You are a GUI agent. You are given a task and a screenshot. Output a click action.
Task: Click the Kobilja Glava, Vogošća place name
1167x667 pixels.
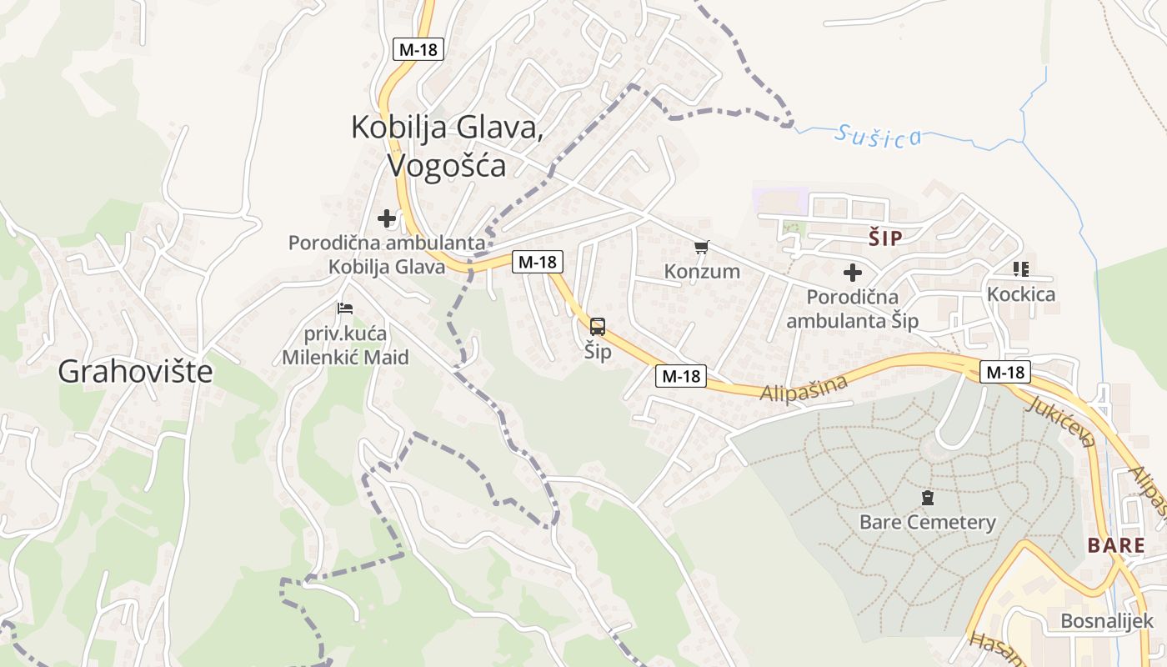pos(448,146)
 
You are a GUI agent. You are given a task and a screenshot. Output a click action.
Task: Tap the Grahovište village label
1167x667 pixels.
pos(135,372)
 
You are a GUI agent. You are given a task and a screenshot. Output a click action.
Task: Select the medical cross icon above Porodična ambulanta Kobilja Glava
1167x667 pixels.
pos(387,219)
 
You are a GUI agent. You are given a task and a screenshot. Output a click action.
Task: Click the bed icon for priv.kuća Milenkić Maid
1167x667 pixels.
pos(345,308)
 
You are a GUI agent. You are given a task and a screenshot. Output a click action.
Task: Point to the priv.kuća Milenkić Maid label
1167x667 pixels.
pos(345,346)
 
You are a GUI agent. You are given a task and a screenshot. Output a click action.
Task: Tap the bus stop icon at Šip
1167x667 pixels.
pos(598,327)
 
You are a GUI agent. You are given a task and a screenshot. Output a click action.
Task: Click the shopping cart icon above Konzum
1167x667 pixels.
pos(702,247)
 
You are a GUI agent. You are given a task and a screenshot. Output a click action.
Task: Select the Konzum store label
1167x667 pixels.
pos(702,271)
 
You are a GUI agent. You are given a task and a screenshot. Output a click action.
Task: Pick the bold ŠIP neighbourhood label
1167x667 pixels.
pos(885,238)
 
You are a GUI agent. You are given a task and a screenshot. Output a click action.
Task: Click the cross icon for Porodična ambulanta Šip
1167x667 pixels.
pos(852,273)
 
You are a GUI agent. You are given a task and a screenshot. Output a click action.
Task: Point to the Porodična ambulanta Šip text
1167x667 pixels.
pos(852,309)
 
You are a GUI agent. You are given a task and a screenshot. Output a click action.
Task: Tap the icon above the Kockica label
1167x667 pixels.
pos(1020,269)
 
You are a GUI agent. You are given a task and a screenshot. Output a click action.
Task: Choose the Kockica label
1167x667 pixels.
pos(1020,294)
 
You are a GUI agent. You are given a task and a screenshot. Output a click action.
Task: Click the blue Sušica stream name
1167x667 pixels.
pos(879,135)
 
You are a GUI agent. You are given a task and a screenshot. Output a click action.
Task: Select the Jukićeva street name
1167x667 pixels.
pos(1060,421)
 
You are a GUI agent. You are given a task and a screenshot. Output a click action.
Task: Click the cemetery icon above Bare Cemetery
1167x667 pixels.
pos(927,499)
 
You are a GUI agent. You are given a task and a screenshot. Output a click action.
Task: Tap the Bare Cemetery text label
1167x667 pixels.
pos(927,523)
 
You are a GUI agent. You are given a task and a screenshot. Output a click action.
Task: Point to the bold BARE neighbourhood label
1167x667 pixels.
pos(1115,546)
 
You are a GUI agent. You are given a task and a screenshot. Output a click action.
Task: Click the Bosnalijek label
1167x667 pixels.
pos(1106,621)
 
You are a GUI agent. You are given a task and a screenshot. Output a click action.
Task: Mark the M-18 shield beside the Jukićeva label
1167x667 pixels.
pos(1004,372)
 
